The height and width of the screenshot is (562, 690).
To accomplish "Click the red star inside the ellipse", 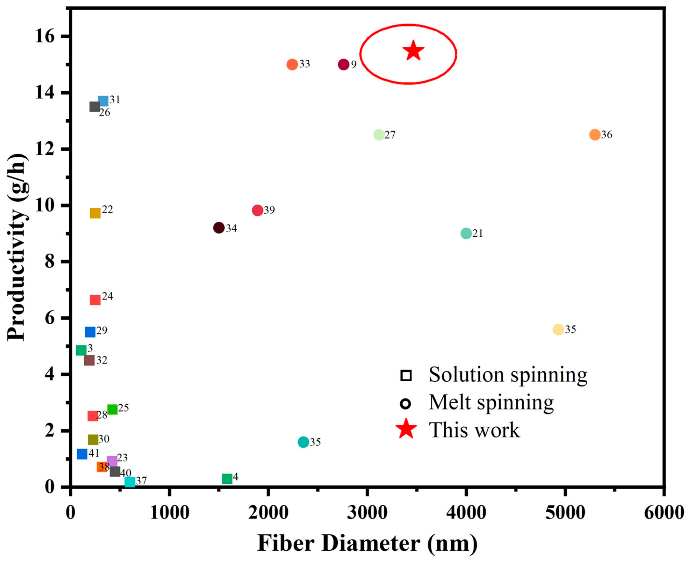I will [x=413, y=51].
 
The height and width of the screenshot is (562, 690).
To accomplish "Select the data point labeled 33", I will [x=292, y=64].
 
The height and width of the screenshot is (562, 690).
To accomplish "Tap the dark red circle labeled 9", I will [x=344, y=64].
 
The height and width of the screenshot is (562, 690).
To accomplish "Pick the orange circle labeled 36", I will [x=595, y=135].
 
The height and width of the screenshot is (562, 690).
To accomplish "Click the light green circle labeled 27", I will [x=379, y=135].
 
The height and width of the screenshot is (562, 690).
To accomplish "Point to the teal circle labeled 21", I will [x=466, y=233].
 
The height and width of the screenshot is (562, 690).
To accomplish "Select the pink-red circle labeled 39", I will [x=258, y=210].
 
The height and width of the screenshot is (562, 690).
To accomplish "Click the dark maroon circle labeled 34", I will [x=219, y=228].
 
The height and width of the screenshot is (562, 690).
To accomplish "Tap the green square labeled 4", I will [x=227, y=479].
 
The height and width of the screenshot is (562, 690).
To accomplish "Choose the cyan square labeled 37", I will [x=130, y=482].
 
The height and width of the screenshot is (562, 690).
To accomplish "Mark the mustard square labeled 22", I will [x=95, y=213].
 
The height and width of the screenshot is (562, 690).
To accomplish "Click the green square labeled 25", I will [x=112, y=409].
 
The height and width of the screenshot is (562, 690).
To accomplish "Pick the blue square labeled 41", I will [x=82, y=454].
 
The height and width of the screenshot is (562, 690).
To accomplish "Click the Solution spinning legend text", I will [x=508, y=375].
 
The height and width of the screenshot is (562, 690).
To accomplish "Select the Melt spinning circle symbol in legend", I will [x=406, y=404].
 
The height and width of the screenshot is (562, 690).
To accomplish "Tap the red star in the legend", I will [x=406, y=430].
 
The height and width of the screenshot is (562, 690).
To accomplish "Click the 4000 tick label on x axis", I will [x=466, y=512].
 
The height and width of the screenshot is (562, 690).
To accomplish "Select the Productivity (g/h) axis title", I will [x=17, y=247].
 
